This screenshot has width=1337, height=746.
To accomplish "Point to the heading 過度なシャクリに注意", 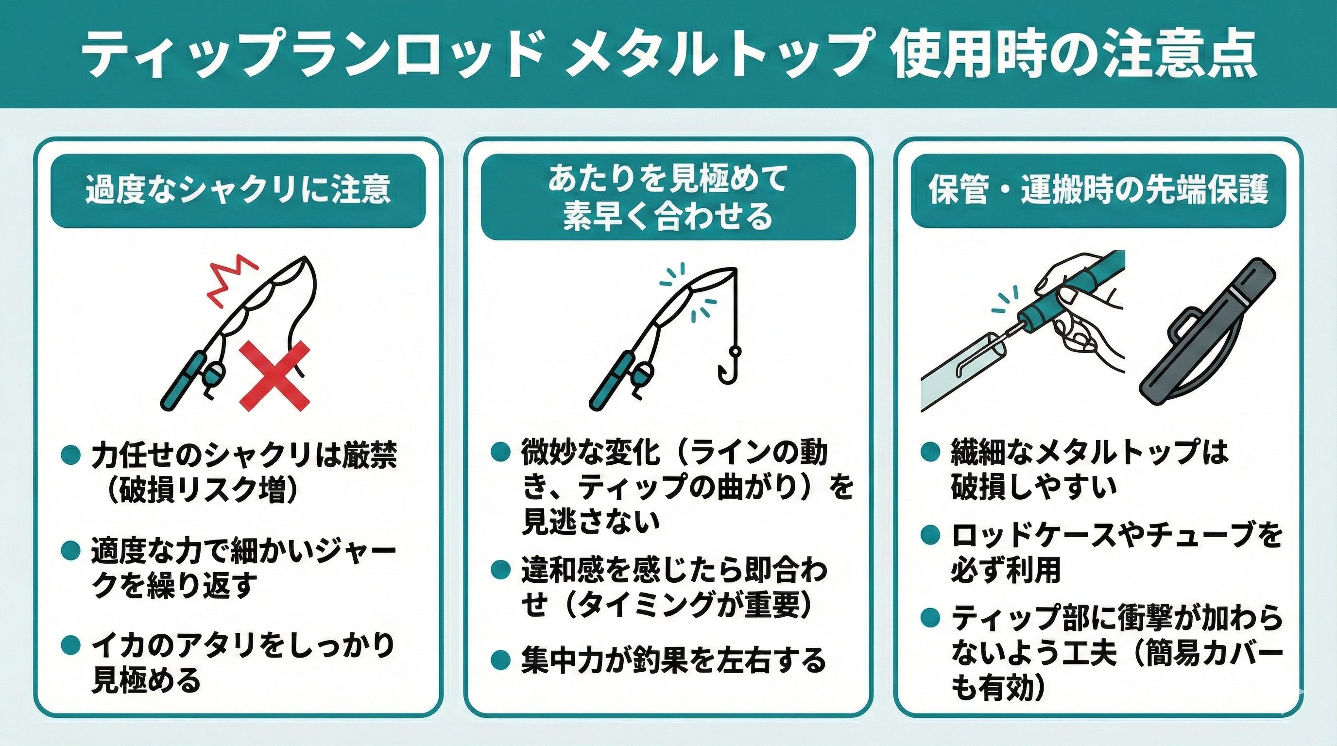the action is point(238,190).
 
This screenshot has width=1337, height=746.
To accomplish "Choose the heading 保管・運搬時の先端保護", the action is point(1098,190).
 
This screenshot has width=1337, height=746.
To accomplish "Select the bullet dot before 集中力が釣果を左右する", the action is point(500,660).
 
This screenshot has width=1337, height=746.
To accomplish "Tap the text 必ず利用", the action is point(1006,570).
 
